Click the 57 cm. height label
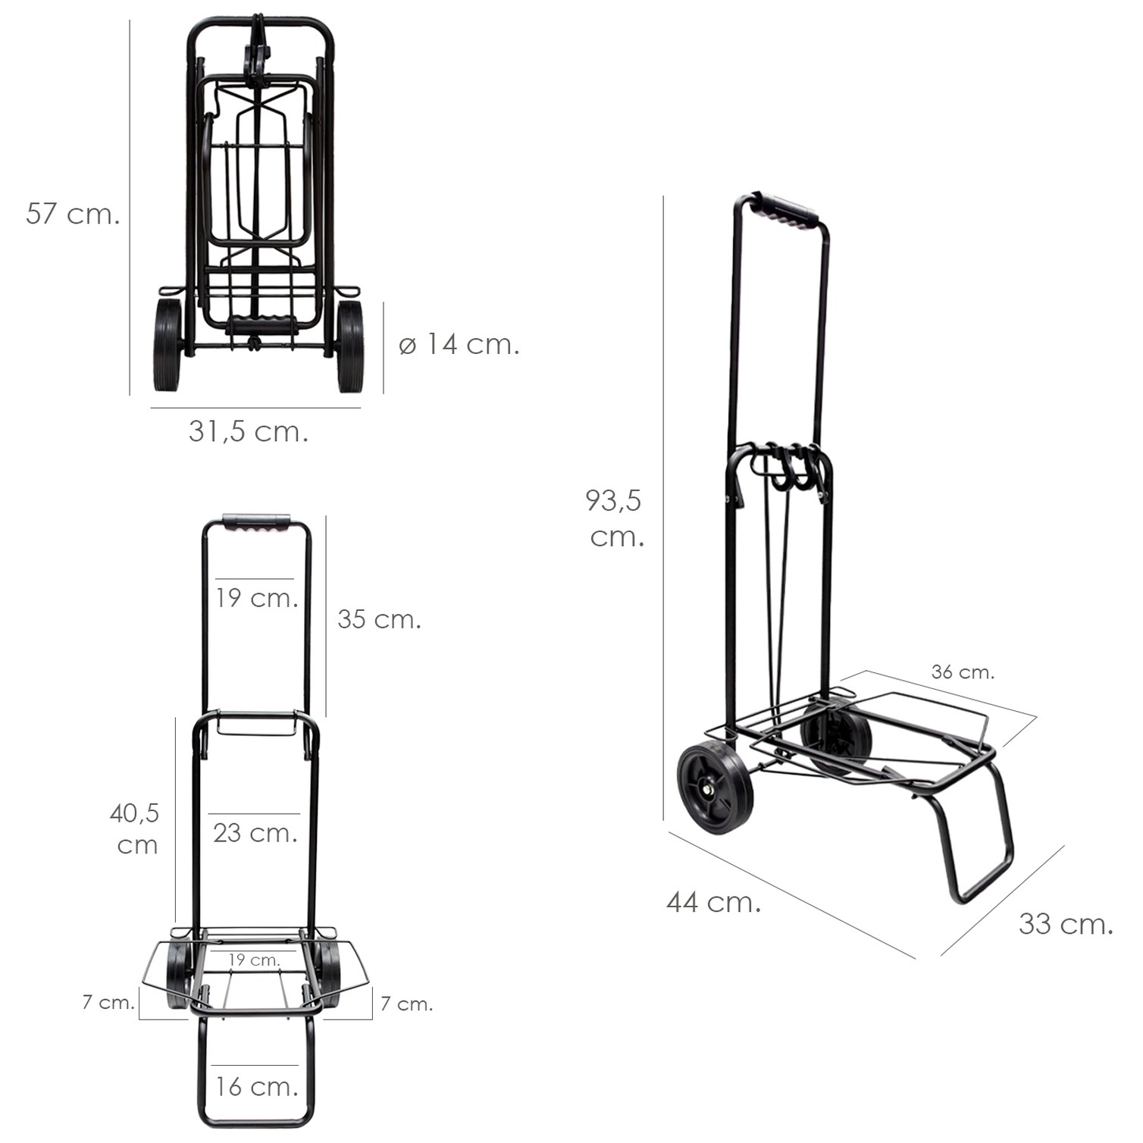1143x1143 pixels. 73,214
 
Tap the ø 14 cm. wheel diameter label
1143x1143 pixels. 459,345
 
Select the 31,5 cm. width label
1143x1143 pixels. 249,431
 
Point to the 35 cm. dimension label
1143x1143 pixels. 379,619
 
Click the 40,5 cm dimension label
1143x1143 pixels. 135,829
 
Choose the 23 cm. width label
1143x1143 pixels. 255,833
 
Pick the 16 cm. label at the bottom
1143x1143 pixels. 256,1087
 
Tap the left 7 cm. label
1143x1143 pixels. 108,1002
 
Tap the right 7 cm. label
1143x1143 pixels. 406,1004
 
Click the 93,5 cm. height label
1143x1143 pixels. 615,518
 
